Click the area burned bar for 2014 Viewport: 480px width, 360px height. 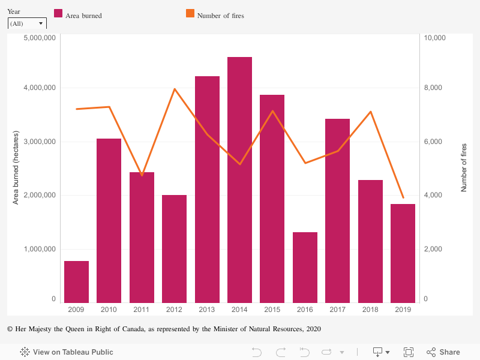tap(239, 180)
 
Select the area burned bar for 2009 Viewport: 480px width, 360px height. tap(76, 282)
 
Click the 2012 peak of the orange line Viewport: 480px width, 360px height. tap(175, 89)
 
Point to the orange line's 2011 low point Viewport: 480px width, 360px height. tap(142, 175)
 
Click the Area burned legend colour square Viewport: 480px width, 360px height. tap(59, 14)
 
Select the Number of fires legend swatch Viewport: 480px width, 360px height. tap(190, 14)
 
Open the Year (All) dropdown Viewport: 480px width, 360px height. tap(27, 23)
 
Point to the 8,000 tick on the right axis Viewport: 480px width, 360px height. tap(433, 88)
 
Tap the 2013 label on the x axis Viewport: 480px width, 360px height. tap(206, 310)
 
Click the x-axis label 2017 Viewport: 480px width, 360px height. tap(337, 310)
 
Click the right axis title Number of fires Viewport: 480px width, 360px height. tap(464, 167)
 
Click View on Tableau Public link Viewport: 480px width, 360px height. tap(67, 352)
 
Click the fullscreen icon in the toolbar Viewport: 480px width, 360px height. tap(409, 352)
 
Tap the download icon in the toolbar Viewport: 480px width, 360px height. tap(379, 352)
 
